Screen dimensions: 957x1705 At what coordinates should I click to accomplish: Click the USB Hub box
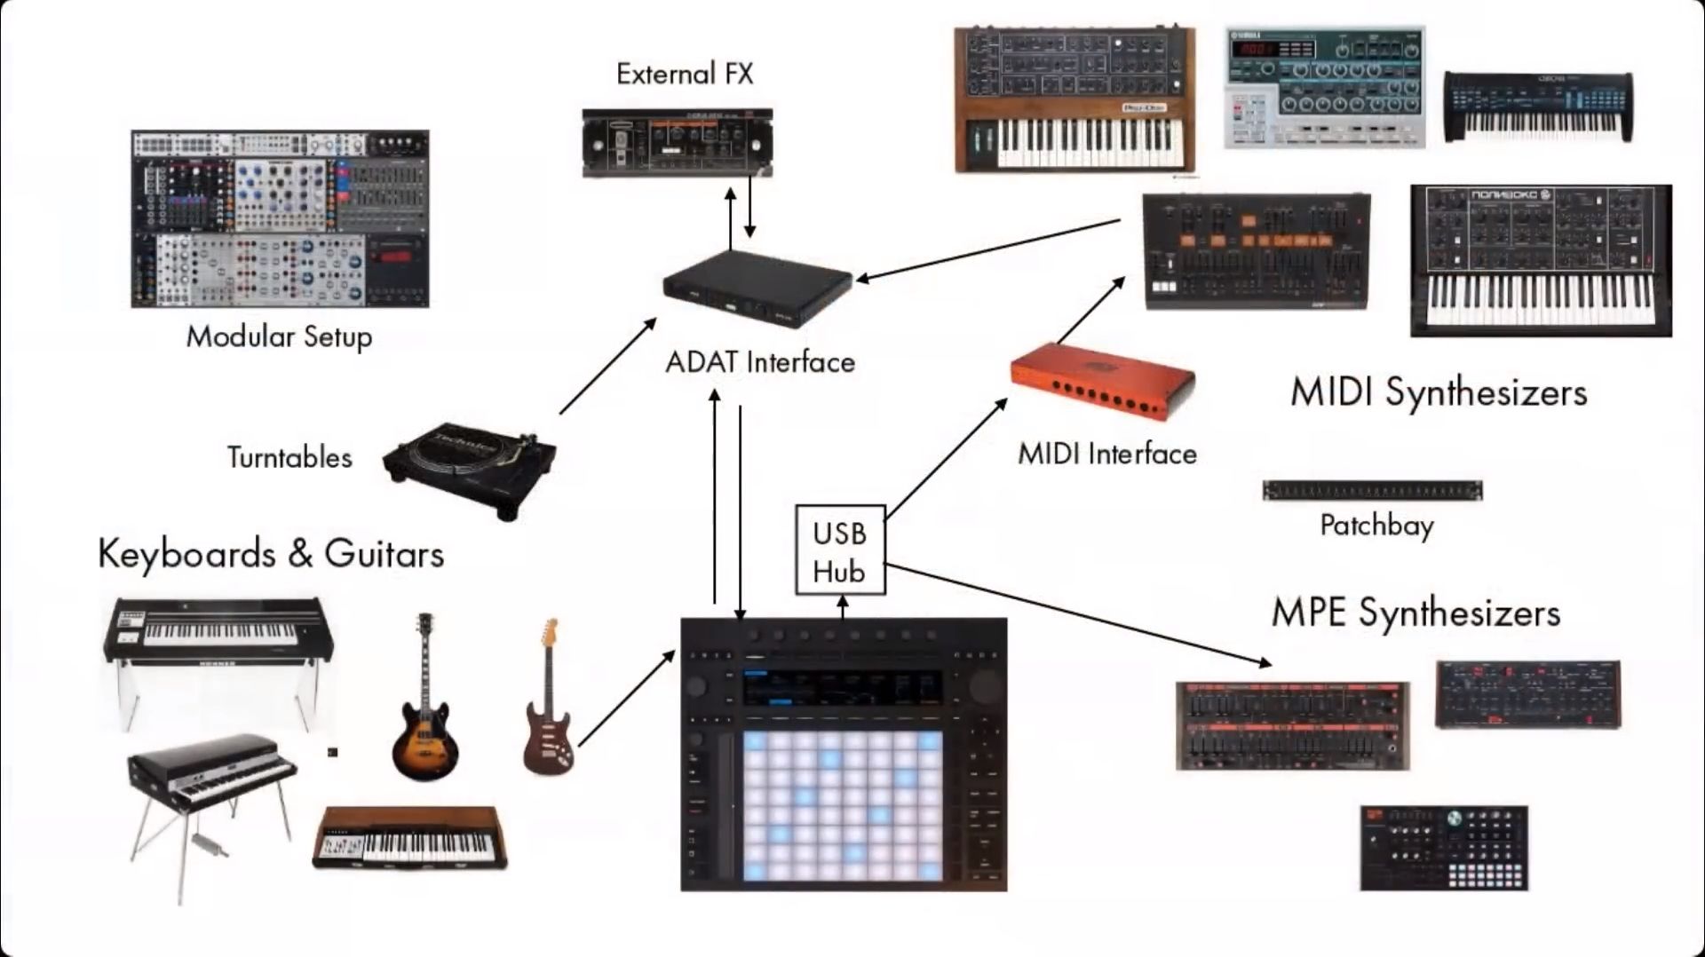point(840,550)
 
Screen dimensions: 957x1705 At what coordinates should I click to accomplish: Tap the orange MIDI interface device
point(1103,382)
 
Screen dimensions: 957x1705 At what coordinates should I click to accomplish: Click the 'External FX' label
point(685,74)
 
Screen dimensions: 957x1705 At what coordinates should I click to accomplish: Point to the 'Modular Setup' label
point(279,336)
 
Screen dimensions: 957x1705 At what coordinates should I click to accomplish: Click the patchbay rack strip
point(1372,490)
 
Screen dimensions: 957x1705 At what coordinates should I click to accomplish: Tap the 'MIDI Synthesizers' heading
point(1438,392)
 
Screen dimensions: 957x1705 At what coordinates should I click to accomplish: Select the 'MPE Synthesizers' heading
point(1416,613)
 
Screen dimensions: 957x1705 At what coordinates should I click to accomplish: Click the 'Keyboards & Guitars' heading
point(271,554)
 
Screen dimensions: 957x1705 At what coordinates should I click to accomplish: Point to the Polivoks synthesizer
point(1541,260)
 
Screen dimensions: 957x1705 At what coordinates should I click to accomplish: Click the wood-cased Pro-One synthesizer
point(1074,99)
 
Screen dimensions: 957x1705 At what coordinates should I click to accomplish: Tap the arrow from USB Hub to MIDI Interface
point(947,458)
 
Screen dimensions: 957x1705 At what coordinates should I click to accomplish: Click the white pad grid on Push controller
point(842,806)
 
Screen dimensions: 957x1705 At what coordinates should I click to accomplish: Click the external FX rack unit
point(677,142)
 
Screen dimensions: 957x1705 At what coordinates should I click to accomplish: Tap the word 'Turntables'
point(289,458)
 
